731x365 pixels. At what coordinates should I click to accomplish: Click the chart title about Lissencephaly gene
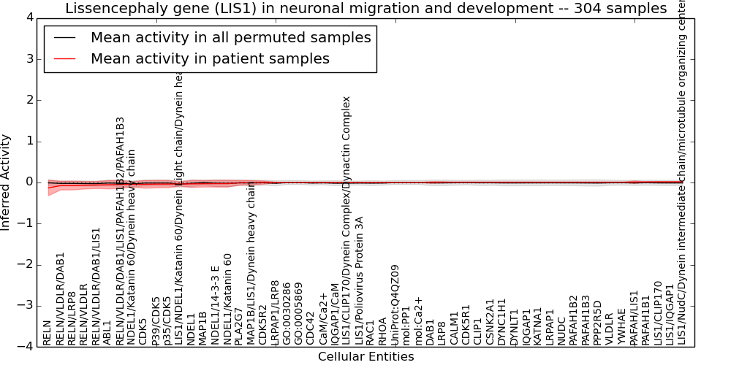click(365, 9)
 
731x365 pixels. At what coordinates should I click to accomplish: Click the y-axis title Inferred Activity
click(6, 182)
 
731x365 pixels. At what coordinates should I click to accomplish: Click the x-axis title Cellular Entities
click(365, 357)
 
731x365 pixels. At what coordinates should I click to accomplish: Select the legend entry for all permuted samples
click(230, 38)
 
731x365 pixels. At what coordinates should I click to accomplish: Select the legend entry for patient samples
click(210, 58)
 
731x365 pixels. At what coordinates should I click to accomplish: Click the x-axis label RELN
click(48, 332)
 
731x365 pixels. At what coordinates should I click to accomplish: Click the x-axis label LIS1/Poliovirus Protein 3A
click(359, 280)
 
